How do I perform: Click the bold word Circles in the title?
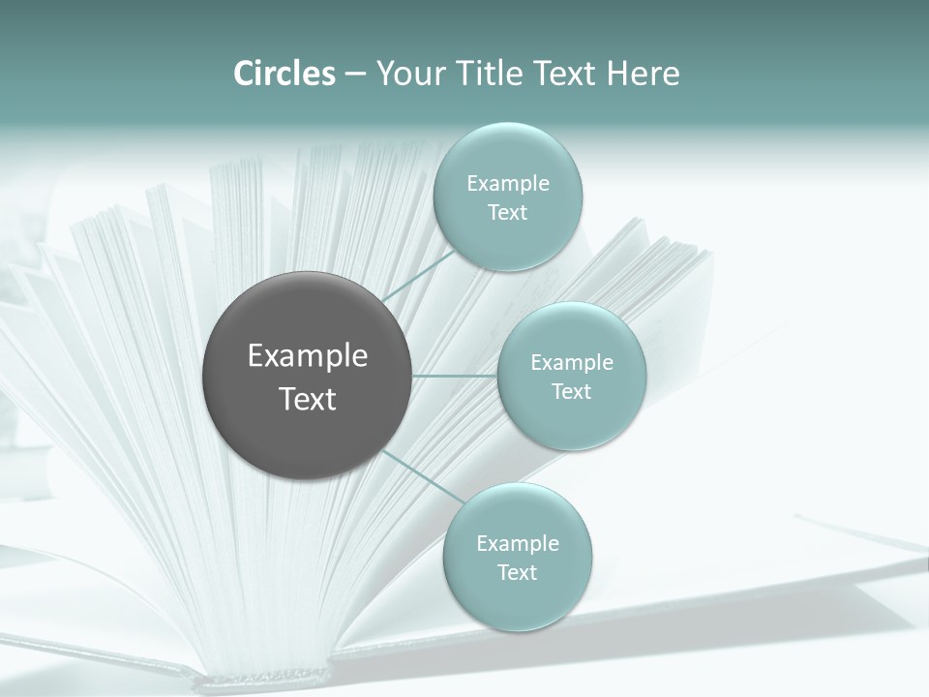click(284, 74)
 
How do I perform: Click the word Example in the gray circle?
click(308, 356)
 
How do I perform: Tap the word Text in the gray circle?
click(308, 399)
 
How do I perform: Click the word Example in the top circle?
click(508, 184)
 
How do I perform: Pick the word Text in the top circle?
click(508, 213)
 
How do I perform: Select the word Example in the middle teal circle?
click(572, 363)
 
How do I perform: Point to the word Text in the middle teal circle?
click(572, 392)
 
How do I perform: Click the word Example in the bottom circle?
click(518, 544)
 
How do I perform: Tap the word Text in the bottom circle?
click(518, 573)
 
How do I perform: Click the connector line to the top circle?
click(418, 275)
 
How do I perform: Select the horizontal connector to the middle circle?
click(455, 376)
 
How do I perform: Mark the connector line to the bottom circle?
click(423, 478)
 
